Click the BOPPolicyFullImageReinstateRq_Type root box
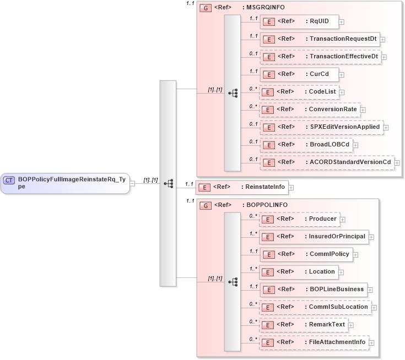pos(65,183)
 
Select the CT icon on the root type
pos(9,180)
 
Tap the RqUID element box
pos(299,21)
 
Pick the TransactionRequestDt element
pos(319,39)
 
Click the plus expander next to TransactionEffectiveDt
pos(384,57)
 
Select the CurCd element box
pos(299,74)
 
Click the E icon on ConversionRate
pos(267,110)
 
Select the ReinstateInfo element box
pos(242,187)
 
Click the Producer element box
pos(299,219)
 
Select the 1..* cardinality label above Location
pos(253,269)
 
